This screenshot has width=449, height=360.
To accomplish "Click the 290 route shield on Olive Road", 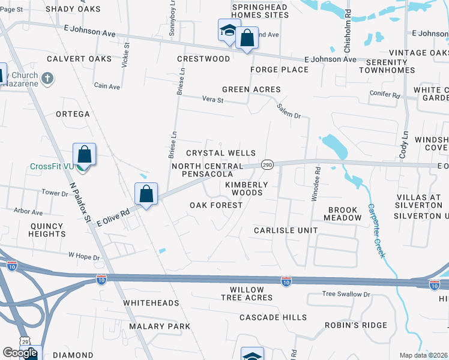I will pyautogui.click(x=268, y=164).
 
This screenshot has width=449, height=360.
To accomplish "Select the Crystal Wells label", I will pyautogui.click(x=221, y=154).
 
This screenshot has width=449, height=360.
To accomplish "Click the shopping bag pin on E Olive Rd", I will pyautogui.click(x=146, y=194).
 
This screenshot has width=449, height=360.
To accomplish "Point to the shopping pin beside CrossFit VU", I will pyautogui.click(x=85, y=155).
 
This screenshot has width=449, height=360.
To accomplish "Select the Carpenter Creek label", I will pyautogui.click(x=376, y=230).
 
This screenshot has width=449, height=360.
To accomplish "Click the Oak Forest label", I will pyautogui.click(x=216, y=205).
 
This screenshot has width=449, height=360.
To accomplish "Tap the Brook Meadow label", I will pyautogui.click(x=343, y=214).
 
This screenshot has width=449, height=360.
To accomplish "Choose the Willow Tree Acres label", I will pyautogui.click(x=247, y=293).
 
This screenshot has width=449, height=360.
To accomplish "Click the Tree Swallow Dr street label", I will pyautogui.click(x=346, y=294).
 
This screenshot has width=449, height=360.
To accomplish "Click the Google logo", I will pyautogui.click(x=19, y=353).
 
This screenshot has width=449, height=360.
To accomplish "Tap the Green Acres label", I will pyautogui.click(x=252, y=89).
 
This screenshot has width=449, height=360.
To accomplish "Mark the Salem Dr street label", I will pyautogui.click(x=289, y=110).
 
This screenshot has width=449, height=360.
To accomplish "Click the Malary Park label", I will pyautogui.click(x=158, y=326).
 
